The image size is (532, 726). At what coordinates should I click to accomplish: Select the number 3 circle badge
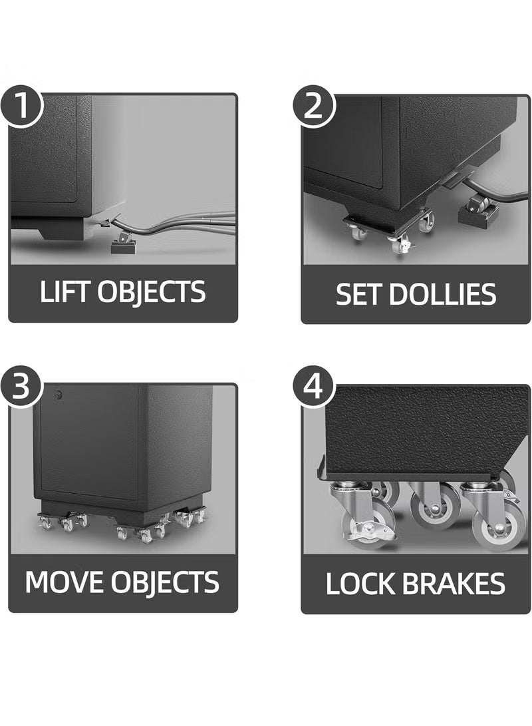pyautogui.click(x=21, y=388)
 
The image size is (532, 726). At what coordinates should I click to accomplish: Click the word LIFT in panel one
pyautogui.click(x=66, y=292)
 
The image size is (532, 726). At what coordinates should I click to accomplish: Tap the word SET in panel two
pyautogui.click(x=359, y=293)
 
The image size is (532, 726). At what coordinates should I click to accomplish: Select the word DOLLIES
pyautogui.click(x=442, y=293)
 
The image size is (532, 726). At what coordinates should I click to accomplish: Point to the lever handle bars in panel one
pyautogui.click(x=199, y=222)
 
